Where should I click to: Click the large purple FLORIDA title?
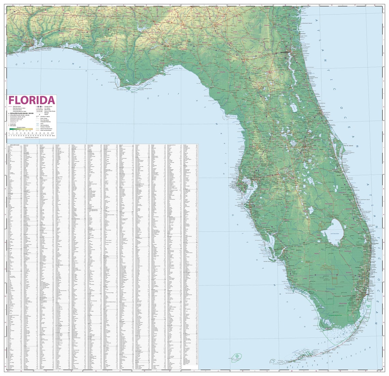tap(32, 100)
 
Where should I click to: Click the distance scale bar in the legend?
tap(31, 134)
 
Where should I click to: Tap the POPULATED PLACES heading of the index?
tap(15, 145)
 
